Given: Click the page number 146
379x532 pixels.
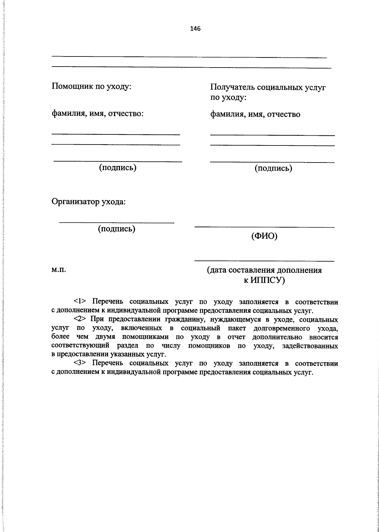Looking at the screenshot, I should [x=195, y=29].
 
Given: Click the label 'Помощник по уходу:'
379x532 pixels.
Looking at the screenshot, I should [x=91, y=86].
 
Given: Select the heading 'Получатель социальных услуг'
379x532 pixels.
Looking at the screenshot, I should [x=268, y=87].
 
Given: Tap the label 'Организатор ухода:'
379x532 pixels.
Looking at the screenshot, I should [x=89, y=201].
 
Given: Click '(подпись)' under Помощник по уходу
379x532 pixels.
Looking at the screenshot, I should [x=118, y=167].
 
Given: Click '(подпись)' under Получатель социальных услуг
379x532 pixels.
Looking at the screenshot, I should [x=274, y=168].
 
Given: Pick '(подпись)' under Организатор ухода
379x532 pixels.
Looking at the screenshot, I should [x=117, y=228].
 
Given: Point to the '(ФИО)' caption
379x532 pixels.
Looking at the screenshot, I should [x=264, y=236].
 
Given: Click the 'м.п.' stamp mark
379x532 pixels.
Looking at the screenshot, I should [x=58, y=270].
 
